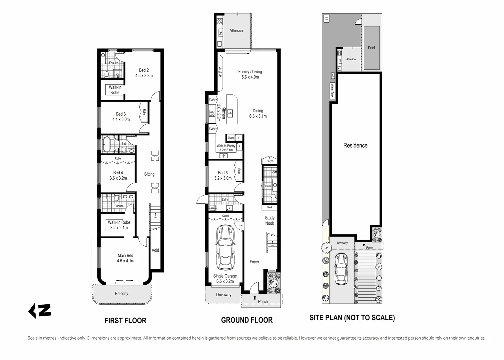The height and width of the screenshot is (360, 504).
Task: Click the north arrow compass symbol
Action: coord(39,311)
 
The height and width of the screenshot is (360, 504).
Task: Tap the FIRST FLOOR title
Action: coord(125,321)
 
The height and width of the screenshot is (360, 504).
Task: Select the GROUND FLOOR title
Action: coord(247,320)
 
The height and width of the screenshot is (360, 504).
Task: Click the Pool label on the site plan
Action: coord(371,48)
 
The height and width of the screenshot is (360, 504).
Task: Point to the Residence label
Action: coord(355,146)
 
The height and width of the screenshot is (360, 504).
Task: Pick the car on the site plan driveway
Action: coord(341,269)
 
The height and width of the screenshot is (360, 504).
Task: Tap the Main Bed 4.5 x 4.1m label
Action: coord(125,258)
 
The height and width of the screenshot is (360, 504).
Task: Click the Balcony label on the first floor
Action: coord(121,294)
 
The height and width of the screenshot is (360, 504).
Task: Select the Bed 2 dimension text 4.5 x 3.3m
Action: coord(144,76)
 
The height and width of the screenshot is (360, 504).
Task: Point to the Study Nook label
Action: coord(269,221)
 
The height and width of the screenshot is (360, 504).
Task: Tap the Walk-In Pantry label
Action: coord(226,146)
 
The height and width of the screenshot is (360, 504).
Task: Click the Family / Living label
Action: coord(250,72)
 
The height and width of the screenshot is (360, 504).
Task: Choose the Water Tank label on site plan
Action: coord(332,91)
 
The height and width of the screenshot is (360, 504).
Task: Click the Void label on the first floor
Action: coord(155,250)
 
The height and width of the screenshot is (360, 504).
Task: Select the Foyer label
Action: coord(254,262)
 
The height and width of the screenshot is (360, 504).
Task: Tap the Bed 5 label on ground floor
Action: coord(223,173)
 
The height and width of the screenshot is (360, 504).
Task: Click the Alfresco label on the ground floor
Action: coord(236,31)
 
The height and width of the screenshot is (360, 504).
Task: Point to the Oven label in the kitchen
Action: coord(231,138)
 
